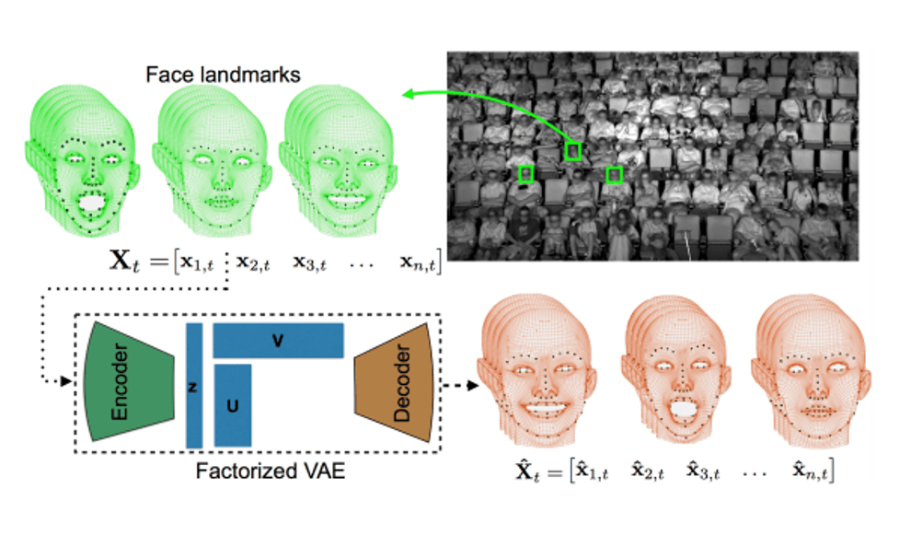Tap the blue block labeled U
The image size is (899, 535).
point(232,405)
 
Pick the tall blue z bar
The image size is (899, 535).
point(194,386)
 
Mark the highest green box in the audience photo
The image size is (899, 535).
point(573,149)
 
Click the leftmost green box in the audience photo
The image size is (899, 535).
point(526,173)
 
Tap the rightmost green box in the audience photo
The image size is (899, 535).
point(615,174)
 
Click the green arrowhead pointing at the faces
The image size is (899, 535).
point(406,93)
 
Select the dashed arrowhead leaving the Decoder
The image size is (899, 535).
point(473,386)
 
